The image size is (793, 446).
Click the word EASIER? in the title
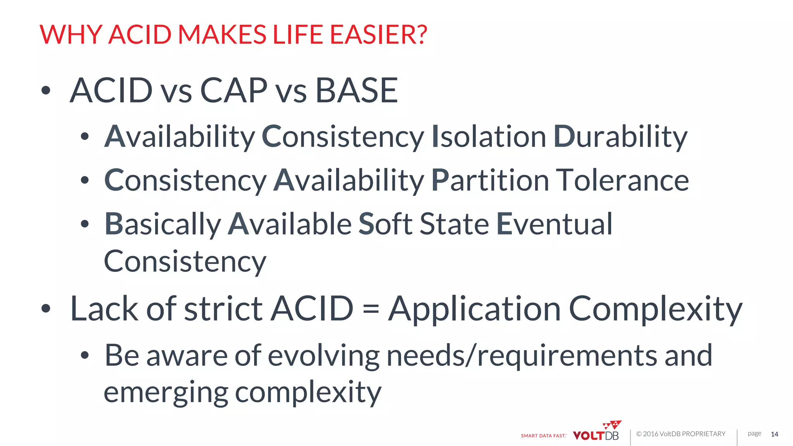point(379,34)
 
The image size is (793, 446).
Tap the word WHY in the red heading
point(71,34)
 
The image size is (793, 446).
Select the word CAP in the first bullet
point(233,90)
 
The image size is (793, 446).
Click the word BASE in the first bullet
point(357,90)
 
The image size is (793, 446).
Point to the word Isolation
point(489,137)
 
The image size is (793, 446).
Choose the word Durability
point(620,137)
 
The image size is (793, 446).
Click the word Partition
point(490,180)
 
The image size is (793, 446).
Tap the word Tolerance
point(622,180)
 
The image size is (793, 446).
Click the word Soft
point(386,224)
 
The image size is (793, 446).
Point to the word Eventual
point(554,224)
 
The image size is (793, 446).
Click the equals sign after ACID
point(371,309)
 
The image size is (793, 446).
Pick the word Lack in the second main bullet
point(104,309)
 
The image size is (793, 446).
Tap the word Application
point(474,309)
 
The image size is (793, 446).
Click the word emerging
point(166,393)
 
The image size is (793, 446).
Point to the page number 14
point(774,434)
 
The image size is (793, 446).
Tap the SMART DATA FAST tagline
point(543,436)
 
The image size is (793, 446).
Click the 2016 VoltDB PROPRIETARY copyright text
point(681,434)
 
